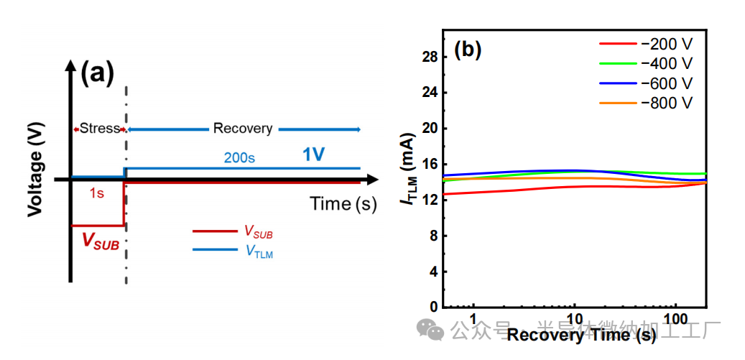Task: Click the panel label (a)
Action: [x=98, y=73]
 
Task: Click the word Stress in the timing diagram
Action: [x=99, y=129]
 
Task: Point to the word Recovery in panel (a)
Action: [x=243, y=129]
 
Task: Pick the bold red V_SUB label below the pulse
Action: [x=101, y=240]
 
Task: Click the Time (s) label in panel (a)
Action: [x=343, y=203]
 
